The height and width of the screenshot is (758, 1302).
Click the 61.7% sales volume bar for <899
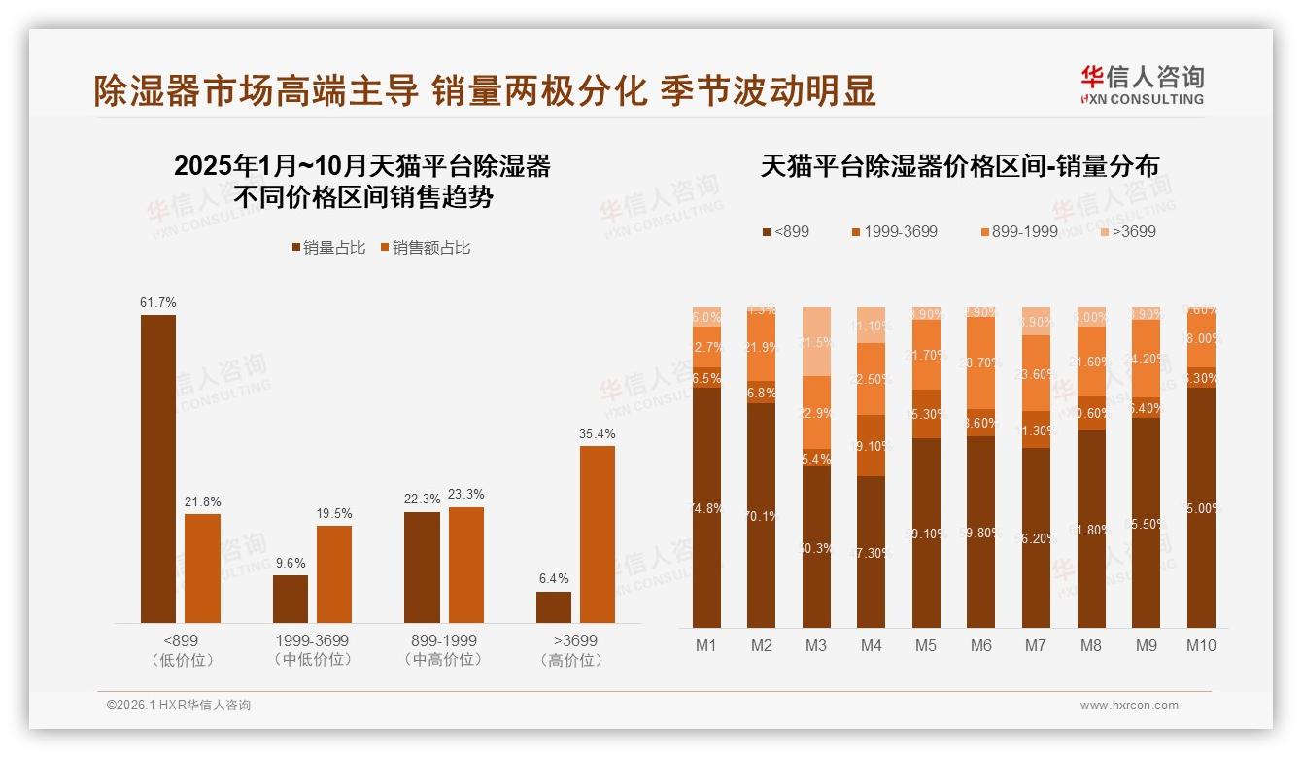(158, 468)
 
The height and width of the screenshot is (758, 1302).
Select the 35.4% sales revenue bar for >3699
(598, 534)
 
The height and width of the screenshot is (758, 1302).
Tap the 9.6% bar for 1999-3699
(291, 599)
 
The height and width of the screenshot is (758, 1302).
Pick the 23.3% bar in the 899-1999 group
(466, 565)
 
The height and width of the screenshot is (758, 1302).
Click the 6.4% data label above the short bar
(554, 579)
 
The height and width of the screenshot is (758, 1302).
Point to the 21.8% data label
(202, 501)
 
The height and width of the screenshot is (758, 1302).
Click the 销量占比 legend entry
(328, 248)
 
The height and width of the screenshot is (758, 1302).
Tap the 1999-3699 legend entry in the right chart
(894, 232)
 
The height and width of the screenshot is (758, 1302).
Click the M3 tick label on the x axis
(815, 645)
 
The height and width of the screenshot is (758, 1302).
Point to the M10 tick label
(1201, 645)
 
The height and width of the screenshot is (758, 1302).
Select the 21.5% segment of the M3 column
(816, 341)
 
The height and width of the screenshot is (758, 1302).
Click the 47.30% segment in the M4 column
(872, 551)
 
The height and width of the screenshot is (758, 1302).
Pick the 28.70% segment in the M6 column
(981, 376)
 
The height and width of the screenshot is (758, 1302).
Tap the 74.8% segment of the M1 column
(706, 507)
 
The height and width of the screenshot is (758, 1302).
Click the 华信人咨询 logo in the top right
(1142, 85)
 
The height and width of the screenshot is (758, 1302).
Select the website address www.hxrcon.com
(1129, 706)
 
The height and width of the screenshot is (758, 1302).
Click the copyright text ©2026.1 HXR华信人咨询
(179, 706)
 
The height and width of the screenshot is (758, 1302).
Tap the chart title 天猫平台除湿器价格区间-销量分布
(959, 166)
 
